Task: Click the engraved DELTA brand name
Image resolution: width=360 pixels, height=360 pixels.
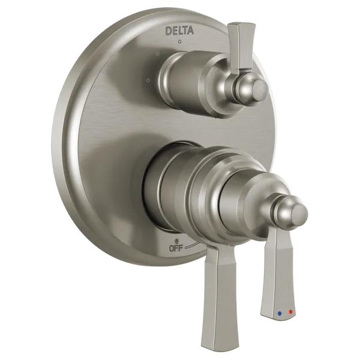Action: [x=179, y=31]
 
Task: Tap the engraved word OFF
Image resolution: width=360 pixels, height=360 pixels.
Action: [x=176, y=248]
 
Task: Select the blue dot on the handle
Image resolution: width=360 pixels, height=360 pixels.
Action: [x=280, y=313]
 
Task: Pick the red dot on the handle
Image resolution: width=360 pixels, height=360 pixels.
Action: [x=291, y=311]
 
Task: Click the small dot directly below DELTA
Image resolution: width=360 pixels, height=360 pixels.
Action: [x=180, y=42]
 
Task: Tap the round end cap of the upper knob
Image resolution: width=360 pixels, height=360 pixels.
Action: [x=260, y=89]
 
